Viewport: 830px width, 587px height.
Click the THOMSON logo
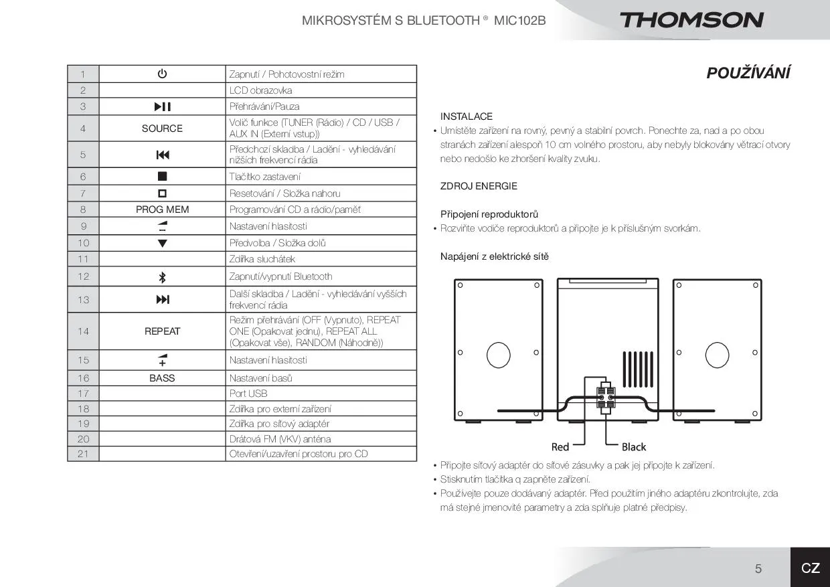(x=691, y=20)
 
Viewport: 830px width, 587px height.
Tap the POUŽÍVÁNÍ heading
(x=748, y=73)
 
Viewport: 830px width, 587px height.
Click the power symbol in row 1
(x=162, y=74)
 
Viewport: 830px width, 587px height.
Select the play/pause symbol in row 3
(x=162, y=106)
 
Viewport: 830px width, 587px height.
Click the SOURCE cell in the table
(x=162, y=129)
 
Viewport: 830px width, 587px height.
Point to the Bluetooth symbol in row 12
(x=162, y=277)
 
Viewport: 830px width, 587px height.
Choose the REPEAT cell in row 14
(x=162, y=331)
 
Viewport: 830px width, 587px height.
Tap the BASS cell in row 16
(x=162, y=378)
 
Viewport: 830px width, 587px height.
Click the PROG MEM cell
(x=162, y=209)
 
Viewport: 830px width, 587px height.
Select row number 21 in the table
(x=83, y=454)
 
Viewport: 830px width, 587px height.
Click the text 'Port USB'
(x=248, y=394)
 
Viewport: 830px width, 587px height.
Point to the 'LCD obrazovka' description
(x=260, y=90)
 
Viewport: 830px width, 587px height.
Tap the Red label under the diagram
(x=560, y=446)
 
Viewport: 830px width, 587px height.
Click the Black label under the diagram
(x=633, y=446)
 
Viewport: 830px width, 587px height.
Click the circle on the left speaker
(x=499, y=354)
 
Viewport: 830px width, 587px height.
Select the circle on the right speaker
(x=716, y=354)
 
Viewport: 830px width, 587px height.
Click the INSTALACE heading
(x=466, y=116)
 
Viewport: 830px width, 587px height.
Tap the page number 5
(x=758, y=568)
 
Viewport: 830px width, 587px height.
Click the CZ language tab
(x=810, y=568)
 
